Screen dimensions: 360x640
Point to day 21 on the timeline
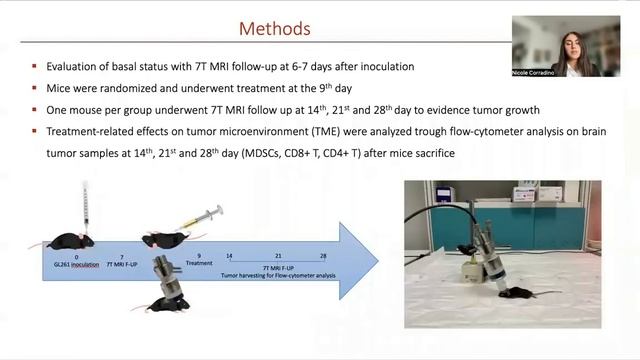click(277, 257)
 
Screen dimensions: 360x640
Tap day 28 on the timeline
click(323, 257)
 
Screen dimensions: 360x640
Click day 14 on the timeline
click(230, 257)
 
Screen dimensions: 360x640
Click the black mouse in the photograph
click(514, 290)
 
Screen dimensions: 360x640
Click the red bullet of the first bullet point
click(35, 66)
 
